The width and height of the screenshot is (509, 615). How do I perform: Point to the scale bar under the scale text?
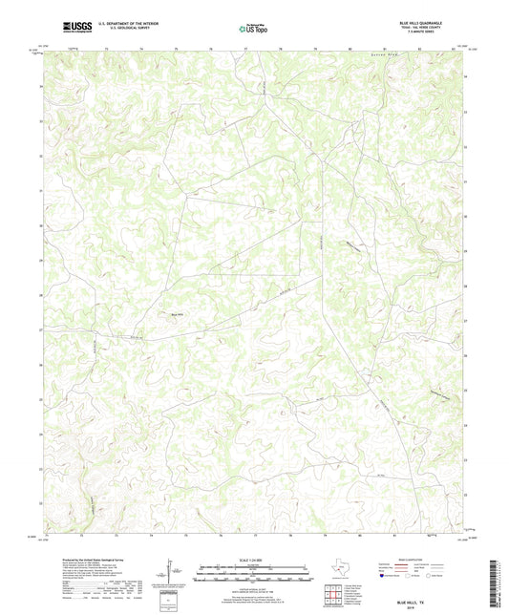pos(254,574)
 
